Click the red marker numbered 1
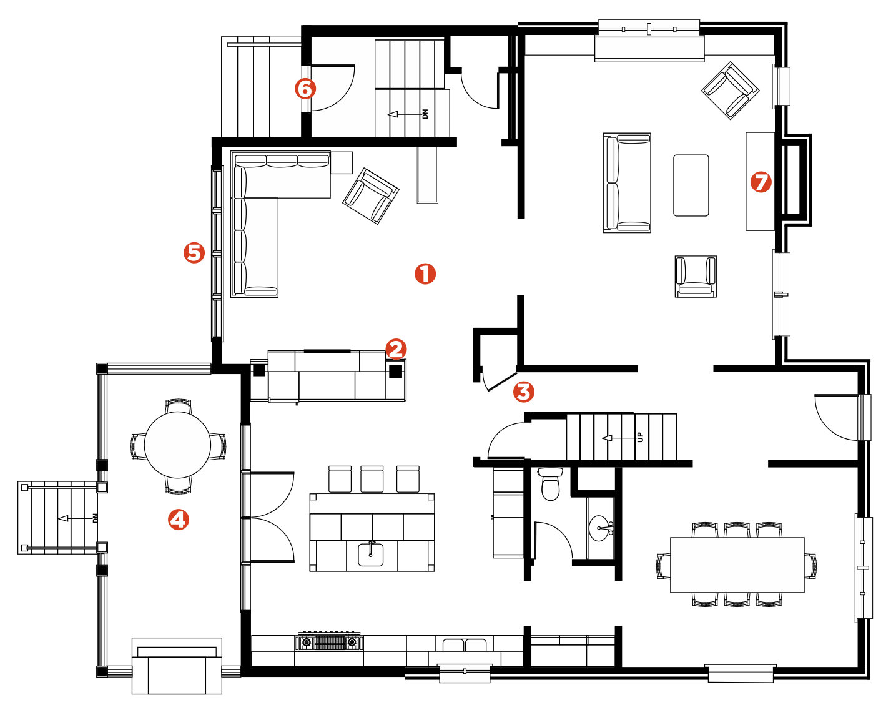pyautogui.click(x=425, y=274)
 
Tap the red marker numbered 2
pyautogui.click(x=395, y=349)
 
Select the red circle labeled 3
pyautogui.click(x=523, y=392)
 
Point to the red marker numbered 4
pyautogui.click(x=179, y=520)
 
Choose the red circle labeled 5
pyautogui.click(x=194, y=253)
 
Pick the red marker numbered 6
pyautogui.click(x=305, y=89)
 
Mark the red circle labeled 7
pyautogui.click(x=761, y=182)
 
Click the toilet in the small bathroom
pyautogui.click(x=551, y=483)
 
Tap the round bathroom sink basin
pyautogui.click(x=599, y=528)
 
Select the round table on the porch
pyautogui.click(x=177, y=445)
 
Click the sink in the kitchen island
pyautogui.click(x=370, y=554)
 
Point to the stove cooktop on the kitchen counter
pyautogui.click(x=329, y=642)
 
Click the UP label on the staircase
pyautogui.click(x=640, y=437)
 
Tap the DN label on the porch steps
pyautogui.click(x=96, y=518)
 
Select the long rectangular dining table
pyautogui.click(x=737, y=564)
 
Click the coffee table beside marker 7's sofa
pyautogui.click(x=691, y=185)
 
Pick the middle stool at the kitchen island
pyautogui.click(x=372, y=480)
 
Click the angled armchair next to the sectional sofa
pyautogui.click(x=370, y=196)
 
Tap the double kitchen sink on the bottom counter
pyautogui.click(x=465, y=645)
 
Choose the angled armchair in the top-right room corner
pyautogui.click(x=731, y=91)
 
